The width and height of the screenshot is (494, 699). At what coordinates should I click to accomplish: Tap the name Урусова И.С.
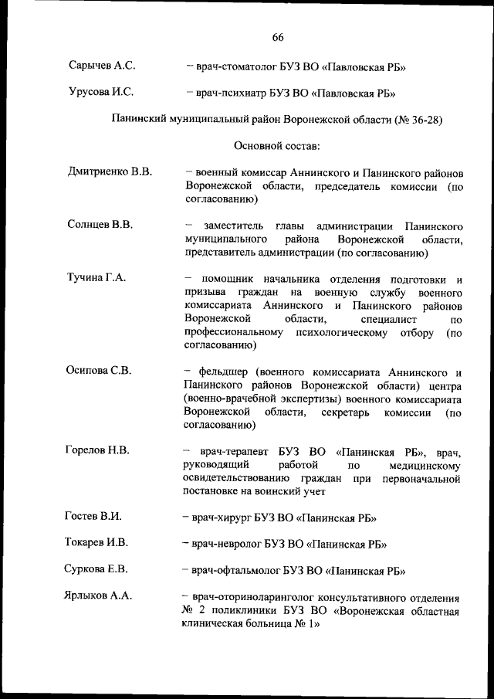(x=101, y=93)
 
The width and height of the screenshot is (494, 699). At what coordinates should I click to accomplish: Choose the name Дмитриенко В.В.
(x=109, y=171)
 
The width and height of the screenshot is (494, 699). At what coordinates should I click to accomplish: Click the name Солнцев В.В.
(x=100, y=225)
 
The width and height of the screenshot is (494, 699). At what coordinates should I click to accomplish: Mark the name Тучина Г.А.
(x=96, y=278)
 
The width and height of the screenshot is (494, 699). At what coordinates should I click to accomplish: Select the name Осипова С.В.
(x=100, y=370)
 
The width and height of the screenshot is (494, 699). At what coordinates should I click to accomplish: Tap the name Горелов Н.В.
(x=97, y=450)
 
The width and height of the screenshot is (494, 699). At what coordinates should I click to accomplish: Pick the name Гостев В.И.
(x=94, y=516)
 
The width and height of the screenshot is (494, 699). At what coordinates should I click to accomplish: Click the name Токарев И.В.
(x=96, y=542)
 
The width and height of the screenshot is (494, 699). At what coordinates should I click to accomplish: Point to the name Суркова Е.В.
(x=96, y=569)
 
